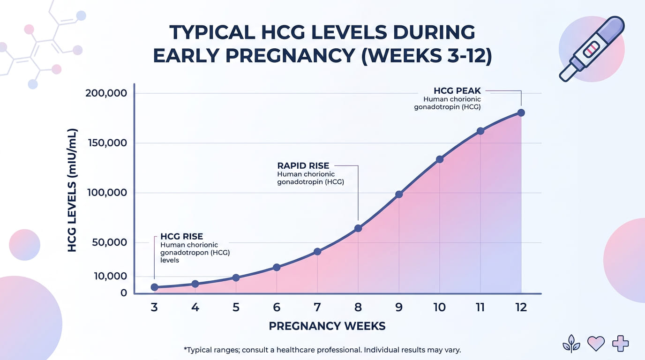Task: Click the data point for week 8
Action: (x=358, y=228)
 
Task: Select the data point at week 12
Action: (x=521, y=113)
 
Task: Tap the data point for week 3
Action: (x=154, y=287)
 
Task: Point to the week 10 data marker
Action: (x=440, y=159)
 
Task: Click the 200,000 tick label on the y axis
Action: (x=106, y=93)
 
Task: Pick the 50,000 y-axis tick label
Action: (x=110, y=242)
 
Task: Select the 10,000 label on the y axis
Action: (x=110, y=276)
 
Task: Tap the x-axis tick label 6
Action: (x=277, y=307)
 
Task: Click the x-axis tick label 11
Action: (x=480, y=307)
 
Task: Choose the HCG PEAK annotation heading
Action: (x=457, y=91)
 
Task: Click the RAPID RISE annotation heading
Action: (x=303, y=165)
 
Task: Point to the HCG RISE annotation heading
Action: (x=181, y=237)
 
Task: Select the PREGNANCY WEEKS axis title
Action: (x=327, y=326)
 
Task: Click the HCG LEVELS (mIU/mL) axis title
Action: (x=72, y=190)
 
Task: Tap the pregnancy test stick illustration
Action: (x=592, y=49)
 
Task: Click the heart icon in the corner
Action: (x=595, y=344)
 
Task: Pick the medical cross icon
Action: (x=620, y=344)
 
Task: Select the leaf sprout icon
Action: (x=571, y=344)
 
